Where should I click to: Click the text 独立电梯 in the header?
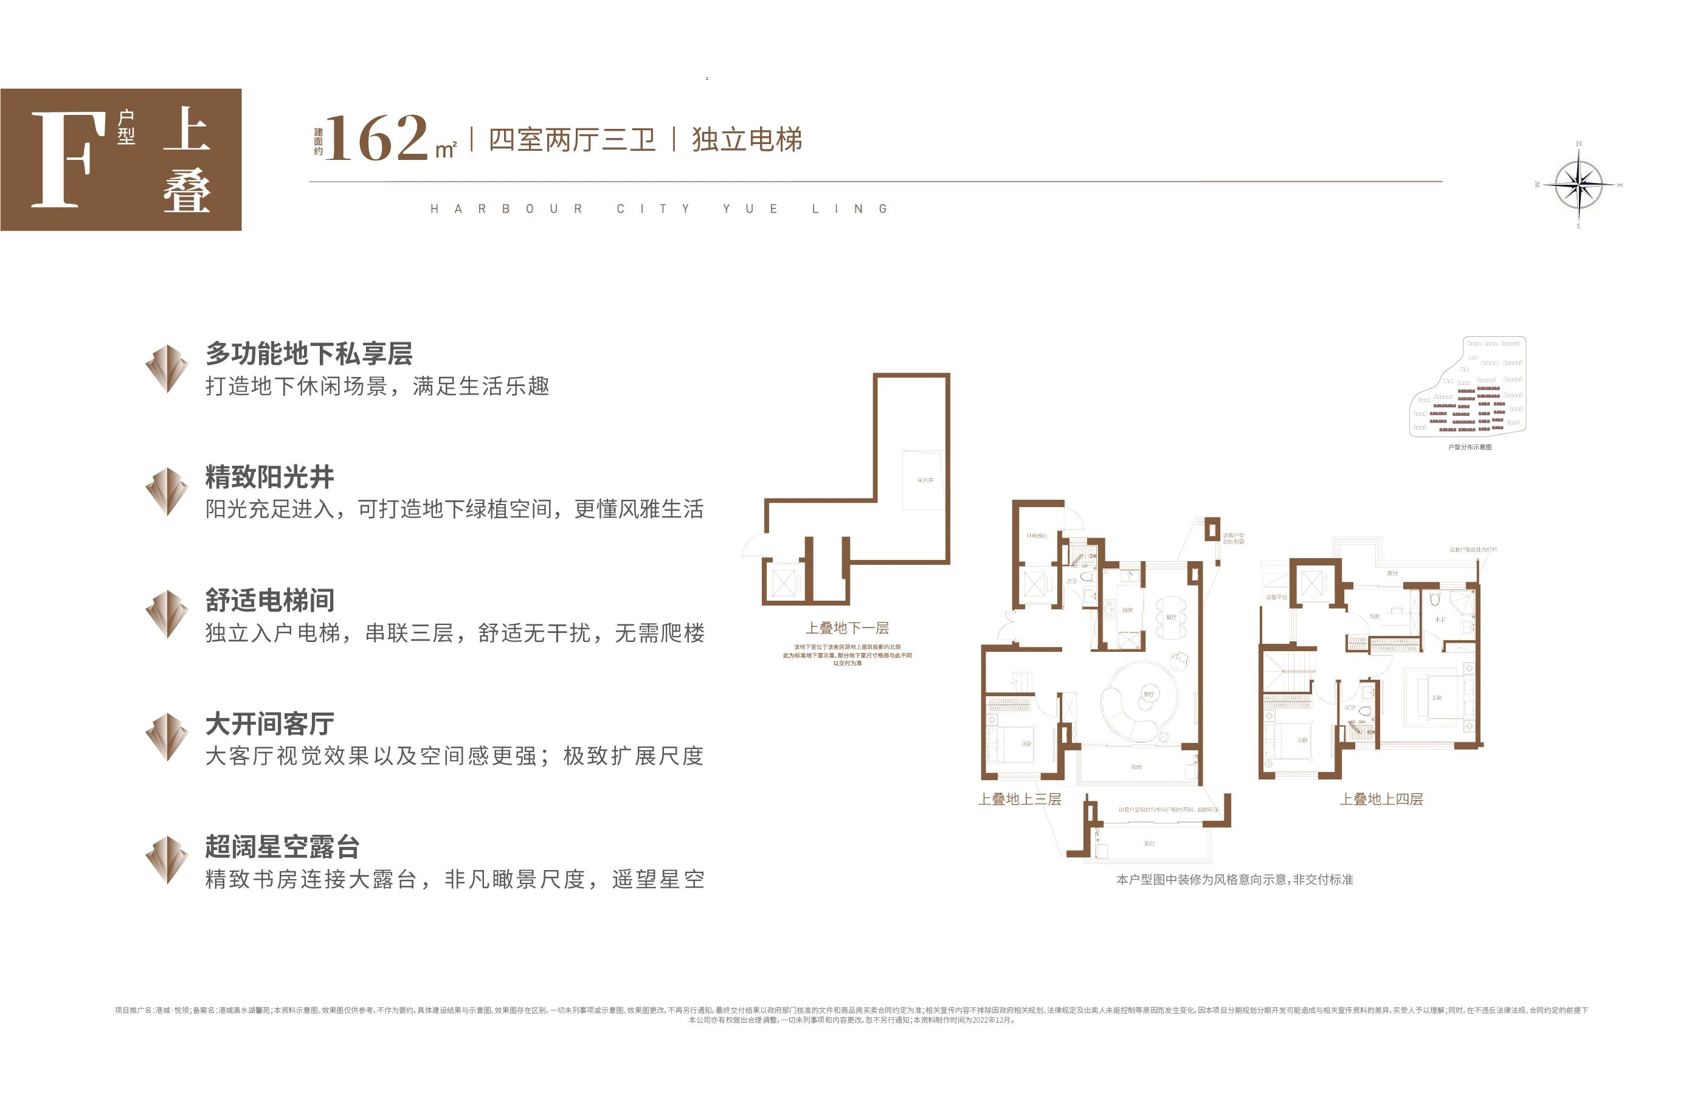coord(747,139)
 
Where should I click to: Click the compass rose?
coord(1578,185)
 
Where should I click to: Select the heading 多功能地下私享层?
coord(309,353)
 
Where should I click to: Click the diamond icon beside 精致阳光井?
coord(167,491)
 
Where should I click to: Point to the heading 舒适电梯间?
coord(269,600)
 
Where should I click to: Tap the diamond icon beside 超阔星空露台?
coord(167,860)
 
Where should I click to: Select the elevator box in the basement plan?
coord(783,583)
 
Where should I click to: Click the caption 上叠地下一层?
coord(847,628)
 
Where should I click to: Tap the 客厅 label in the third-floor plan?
coord(1149,693)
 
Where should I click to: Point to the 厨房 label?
coord(1128,610)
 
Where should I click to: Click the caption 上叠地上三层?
coord(1019,799)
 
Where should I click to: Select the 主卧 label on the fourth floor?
coord(1436,697)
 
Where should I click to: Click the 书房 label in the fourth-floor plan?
coord(1375,617)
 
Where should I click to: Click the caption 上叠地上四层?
coord(1381,799)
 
